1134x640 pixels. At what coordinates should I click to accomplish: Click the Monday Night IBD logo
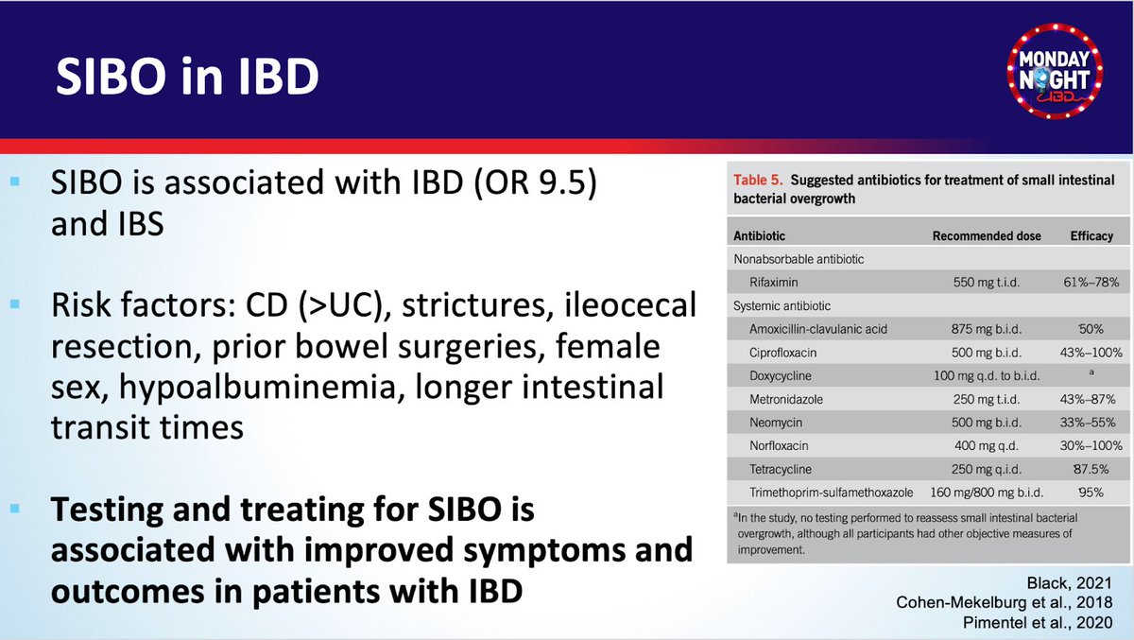[x=1055, y=71]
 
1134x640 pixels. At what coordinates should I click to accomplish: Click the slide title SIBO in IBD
[x=187, y=77]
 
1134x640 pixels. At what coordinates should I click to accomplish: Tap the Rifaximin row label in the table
[x=774, y=282]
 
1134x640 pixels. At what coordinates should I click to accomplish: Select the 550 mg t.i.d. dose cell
[x=987, y=282]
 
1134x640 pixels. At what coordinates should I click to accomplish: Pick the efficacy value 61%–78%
[x=1091, y=282]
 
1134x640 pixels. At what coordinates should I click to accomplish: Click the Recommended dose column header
[x=987, y=236]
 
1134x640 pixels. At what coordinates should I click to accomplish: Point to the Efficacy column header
[x=1091, y=236]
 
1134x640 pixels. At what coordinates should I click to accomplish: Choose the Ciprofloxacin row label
[x=782, y=353]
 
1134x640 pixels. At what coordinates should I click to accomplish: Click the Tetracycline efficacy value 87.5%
[x=1091, y=469]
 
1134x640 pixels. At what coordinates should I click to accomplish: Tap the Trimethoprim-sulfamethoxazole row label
[x=832, y=493]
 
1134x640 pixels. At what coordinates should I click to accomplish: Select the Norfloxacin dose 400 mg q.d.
[x=987, y=445]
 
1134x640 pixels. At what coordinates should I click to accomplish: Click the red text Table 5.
[x=758, y=180]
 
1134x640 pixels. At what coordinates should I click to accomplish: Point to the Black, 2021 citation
[x=1069, y=583]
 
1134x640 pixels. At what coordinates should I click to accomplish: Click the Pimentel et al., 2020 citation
[x=1038, y=622]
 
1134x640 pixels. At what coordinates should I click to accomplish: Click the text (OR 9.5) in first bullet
[x=535, y=182]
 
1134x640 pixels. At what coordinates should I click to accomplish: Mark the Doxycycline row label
[x=781, y=375]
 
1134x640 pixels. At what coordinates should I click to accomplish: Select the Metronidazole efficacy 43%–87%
[x=1088, y=399]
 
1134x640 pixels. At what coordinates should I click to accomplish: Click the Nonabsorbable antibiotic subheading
[x=799, y=259]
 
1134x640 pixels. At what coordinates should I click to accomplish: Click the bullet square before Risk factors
[x=15, y=304]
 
